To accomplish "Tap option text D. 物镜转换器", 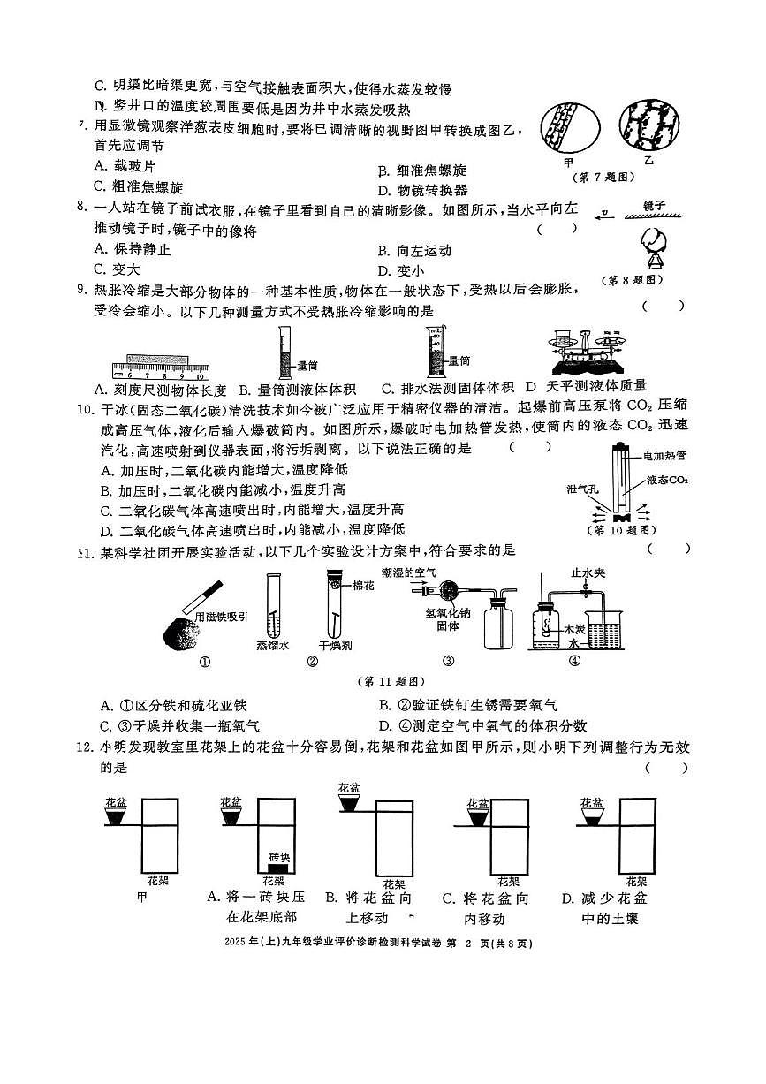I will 422,190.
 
